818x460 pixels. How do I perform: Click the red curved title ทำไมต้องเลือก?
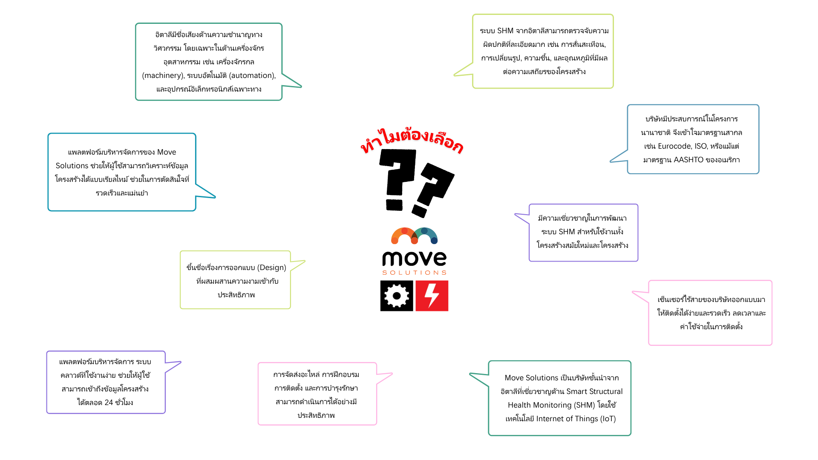pos(412,140)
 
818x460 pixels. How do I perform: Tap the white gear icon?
pos(397,296)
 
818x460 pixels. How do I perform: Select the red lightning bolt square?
pos(432,296)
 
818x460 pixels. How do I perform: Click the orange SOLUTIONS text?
pos(414,273)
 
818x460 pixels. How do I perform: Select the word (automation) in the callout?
pos(252,75)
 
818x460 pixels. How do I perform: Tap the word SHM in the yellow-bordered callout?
pos(505,31)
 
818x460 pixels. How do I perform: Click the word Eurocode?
pos(674,146)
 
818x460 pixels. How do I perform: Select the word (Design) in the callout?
pos(272,267)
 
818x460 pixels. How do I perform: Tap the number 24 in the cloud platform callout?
pos(109,402)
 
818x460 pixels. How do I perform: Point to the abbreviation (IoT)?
pos(608,419)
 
